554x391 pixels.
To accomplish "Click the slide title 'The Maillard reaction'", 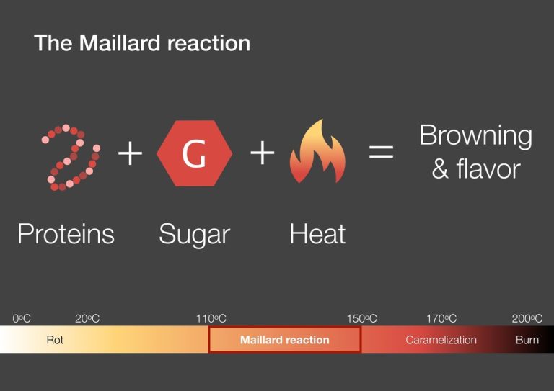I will [142, 43].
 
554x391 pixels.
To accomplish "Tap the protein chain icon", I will [70, 157].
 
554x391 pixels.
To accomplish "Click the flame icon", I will [317, 152].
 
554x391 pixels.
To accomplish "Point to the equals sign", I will [382, 153].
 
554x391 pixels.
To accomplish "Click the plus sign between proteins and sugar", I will [131, 153].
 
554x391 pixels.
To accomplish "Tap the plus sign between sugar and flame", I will [263, 153].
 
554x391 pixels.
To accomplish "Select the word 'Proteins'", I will [66, 234].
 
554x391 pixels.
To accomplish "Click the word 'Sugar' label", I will [194, 235].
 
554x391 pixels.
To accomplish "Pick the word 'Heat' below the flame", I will [317, 234].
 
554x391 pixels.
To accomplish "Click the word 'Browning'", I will [475, 136].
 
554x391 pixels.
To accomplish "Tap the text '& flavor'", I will [475, 170].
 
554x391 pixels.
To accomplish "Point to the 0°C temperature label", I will [22, 318].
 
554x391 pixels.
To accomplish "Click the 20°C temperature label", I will [87, 318].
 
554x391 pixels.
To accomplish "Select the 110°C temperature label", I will [211, 318].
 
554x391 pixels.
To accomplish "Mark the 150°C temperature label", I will [361, 318].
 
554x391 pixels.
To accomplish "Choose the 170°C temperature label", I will [441, 318].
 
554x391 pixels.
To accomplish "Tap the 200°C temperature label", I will [527, 318].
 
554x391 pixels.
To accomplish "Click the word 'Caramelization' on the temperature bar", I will [441, 340].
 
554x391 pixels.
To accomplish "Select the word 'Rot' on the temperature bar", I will [55, 340].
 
